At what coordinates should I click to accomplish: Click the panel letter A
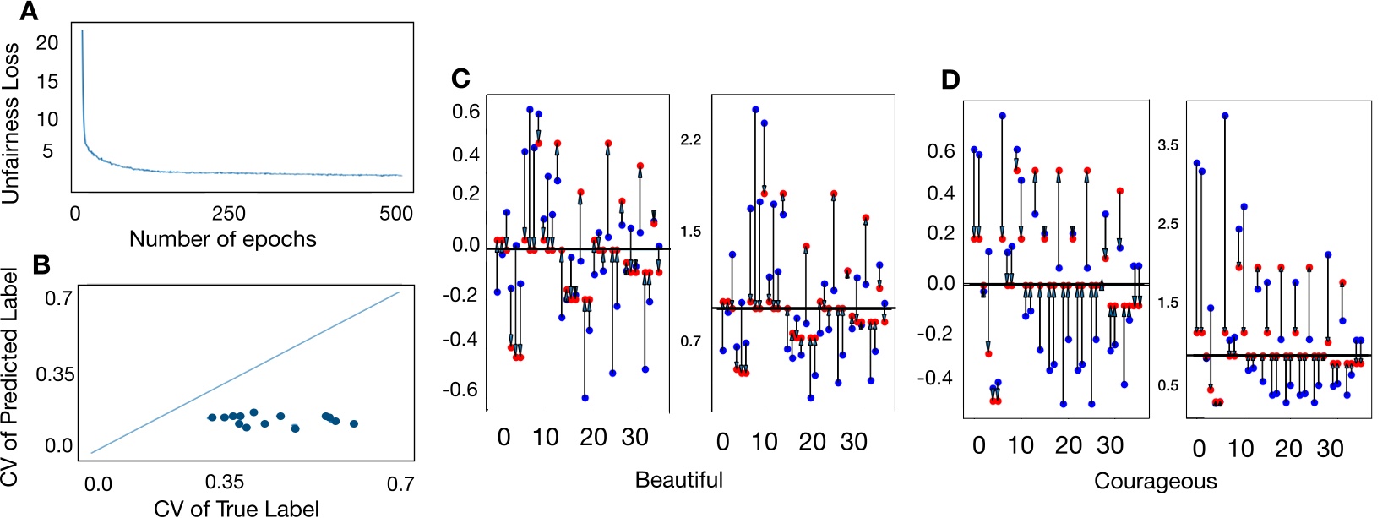[30, 12]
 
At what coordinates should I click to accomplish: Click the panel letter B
[41, 264]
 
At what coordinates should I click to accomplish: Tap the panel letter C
[460, 79]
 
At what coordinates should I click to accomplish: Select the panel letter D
[950, 80]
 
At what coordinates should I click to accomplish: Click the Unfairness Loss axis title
[10, 124]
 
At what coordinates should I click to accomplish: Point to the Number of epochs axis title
[222, 239]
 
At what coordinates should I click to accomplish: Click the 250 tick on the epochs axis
[228, 214]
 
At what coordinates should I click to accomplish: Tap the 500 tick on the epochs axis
[395, 214]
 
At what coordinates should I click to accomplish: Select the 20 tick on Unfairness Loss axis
[47, 42]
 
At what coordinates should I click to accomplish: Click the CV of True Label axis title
[236, 508]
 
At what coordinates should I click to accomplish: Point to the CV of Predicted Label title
[10, 378]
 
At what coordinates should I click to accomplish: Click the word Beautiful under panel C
[678, 480]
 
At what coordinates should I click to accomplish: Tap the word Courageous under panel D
[1155, 482]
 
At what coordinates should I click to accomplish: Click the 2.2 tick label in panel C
[690, 139]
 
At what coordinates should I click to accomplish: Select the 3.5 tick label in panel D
[1168, 145]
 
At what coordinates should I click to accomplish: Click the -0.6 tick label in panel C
[463, 390]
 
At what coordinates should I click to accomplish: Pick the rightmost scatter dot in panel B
[354, 423]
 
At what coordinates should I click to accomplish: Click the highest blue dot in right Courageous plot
[1224, 116]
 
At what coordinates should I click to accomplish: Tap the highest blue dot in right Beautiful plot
[755, 109]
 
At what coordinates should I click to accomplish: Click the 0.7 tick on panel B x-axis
[400, 483]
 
